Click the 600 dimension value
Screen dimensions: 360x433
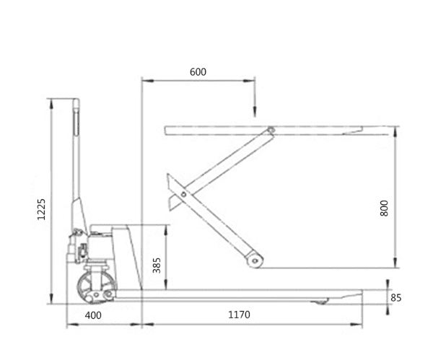click(x=198, y=72)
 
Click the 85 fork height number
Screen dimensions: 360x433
click(x=395, y=297)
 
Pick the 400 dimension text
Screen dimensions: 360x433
click(x=93, y=315)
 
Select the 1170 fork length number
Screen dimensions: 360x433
click(x=240, y=315)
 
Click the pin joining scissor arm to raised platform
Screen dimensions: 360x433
click(x=271, y=131)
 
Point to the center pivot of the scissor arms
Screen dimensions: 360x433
click(x=185, y=194)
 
